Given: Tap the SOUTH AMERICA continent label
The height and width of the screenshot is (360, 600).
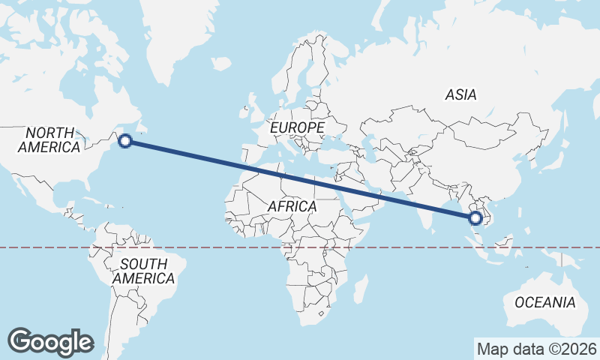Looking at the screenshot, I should click(x=143, y=271).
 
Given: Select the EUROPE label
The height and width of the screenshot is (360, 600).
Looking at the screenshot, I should click(x=297, y=128).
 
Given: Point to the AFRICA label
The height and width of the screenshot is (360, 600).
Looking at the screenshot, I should click(x=292, y=205).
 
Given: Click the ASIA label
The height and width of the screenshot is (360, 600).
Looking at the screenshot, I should click(x=460, y=95).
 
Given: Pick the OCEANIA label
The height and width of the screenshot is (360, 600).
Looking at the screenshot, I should click(x=545, y=303).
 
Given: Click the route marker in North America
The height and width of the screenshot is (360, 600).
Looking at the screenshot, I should click(x=125, y=140).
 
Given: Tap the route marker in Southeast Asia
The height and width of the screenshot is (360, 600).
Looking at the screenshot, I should click(x=475, y=218).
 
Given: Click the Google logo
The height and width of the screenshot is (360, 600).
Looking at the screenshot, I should click(x=50, y=341).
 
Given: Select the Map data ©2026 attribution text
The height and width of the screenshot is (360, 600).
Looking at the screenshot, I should click(x=537, y=349).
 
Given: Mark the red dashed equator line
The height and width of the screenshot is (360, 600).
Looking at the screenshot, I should click(x=225, y=247).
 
